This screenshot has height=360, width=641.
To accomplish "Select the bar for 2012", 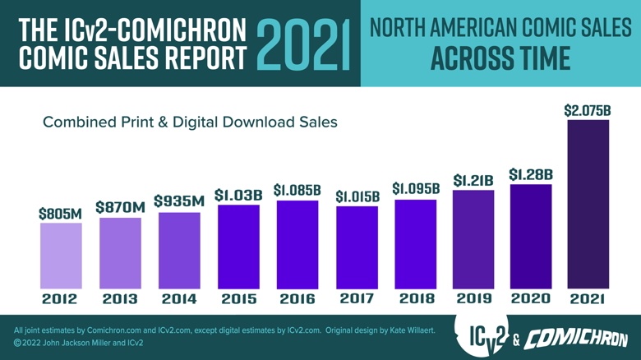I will [x=60, y=254].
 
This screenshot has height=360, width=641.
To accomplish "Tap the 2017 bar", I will [x=357, y=246].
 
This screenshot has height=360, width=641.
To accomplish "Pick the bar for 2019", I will [x=473, y=238].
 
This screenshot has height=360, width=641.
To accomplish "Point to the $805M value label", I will [x=60, y=213].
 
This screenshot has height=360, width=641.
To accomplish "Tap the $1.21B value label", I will [x=473, y=180].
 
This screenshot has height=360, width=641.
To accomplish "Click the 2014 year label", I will [x=179, y=298].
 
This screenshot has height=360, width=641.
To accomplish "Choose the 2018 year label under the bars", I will [x=415, y=298].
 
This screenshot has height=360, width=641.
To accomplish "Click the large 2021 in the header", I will [x=302, y=46].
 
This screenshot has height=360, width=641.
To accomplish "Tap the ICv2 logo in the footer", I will [x=483, y=337].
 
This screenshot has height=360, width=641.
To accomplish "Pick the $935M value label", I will [x=179, y=201].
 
